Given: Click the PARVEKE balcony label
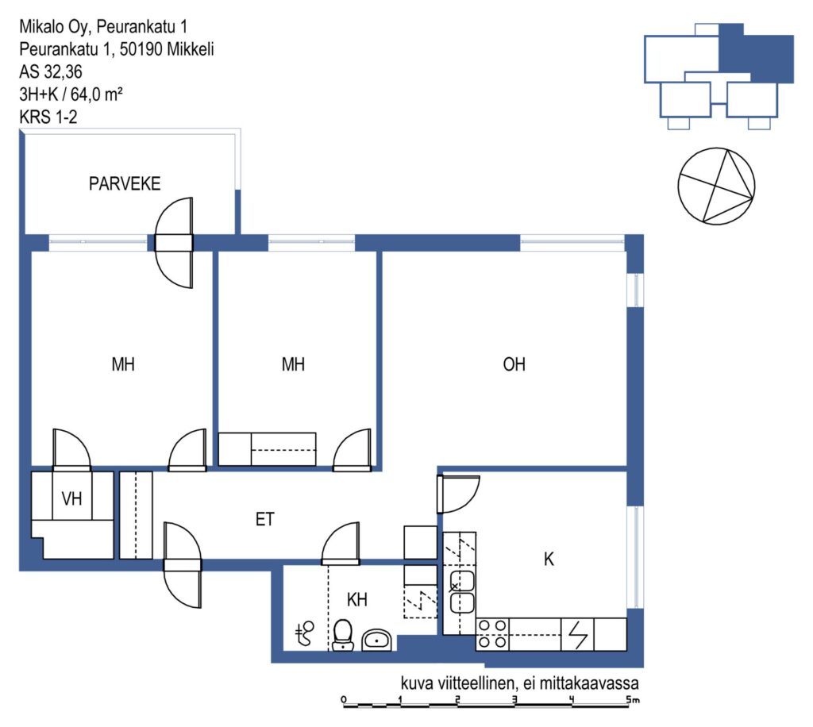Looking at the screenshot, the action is [125, 183].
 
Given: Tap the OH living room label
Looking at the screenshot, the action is [514, 364].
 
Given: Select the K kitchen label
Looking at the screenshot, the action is [549, 559].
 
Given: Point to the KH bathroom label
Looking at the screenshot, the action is [356, 599].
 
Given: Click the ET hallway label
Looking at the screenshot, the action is [264, 519].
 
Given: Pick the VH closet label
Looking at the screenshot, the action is [71, 498].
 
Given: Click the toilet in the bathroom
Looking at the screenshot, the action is [342, 635].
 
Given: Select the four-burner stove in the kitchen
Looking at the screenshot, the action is [492, 634].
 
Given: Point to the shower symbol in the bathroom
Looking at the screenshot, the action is [305, 633].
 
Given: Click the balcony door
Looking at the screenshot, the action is [174, 243].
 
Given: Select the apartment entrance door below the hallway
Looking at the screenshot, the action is [183, 565].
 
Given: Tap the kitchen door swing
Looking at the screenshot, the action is [457, 494].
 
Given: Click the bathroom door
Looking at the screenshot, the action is [341, 544].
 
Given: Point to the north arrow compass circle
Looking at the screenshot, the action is [717, 186].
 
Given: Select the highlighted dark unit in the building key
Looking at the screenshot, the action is [757, 52].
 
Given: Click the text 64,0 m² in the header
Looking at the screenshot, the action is [96, 94].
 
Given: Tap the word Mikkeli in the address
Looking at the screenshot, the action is [191, 49].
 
